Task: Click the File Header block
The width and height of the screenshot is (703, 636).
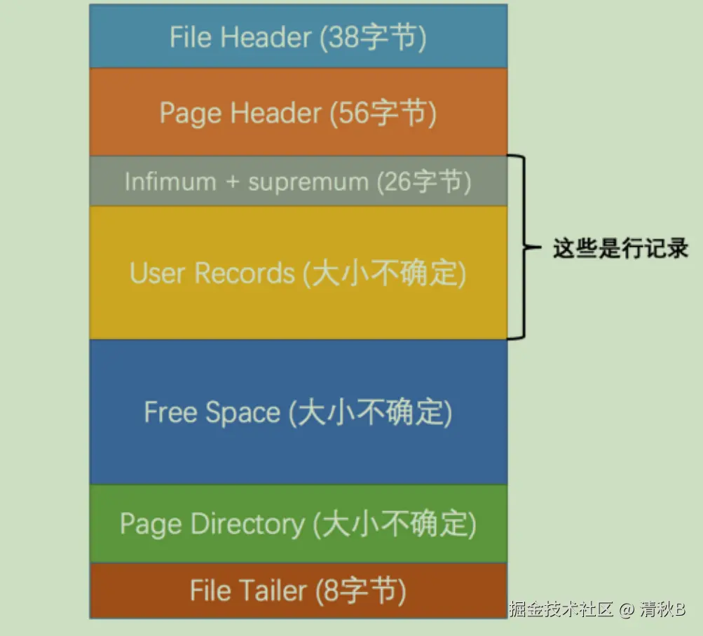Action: (298, 36)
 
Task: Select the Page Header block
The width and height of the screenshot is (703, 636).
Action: (298, 112)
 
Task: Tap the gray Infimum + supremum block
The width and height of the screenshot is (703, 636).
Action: (298, 181)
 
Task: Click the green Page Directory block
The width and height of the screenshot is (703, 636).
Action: (298, 524)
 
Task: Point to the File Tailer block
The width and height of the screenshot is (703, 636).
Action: (298, 590)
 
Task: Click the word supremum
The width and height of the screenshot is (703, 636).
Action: (308, 182)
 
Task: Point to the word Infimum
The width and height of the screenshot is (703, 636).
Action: (161, 182)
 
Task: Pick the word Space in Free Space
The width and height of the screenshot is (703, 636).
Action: (243, 412)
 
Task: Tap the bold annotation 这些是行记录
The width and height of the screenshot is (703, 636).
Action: (620, 248)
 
